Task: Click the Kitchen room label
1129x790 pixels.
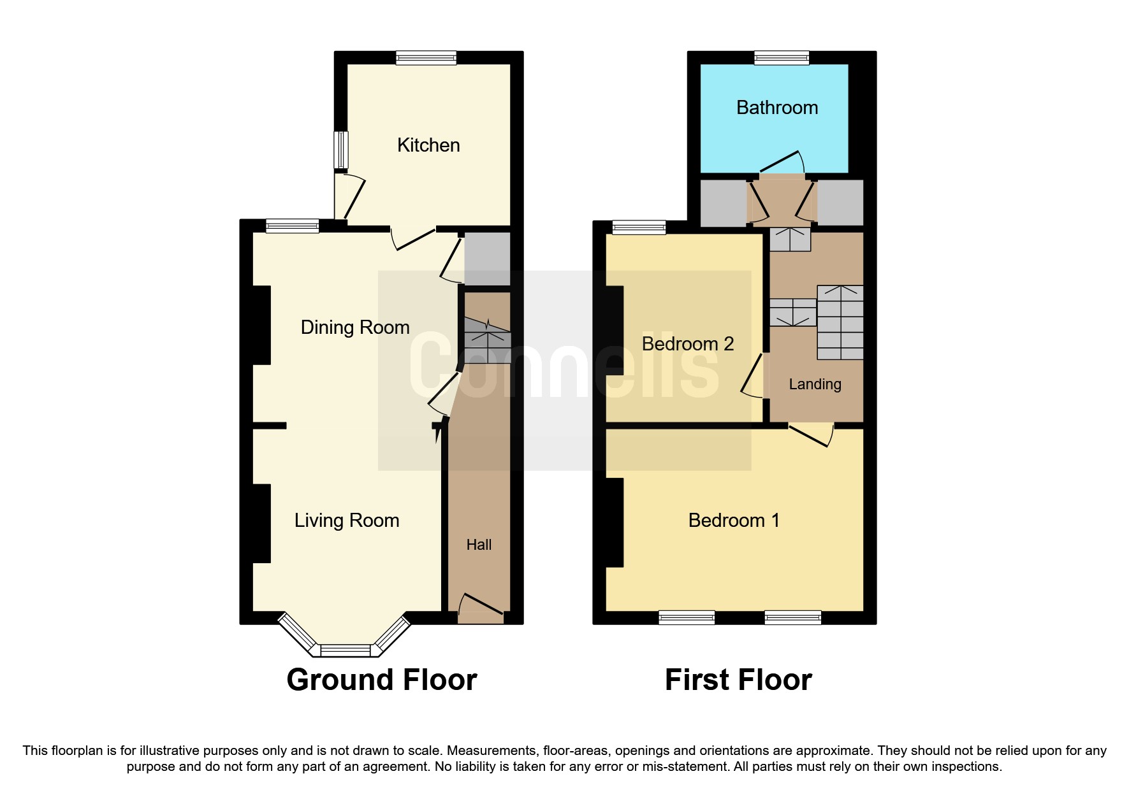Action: [x=428, y=145]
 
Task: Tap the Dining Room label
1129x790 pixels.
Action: [x=355, y=327]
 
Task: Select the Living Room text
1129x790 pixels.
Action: [x=347, y=521]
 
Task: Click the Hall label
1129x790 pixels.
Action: [x=479, y=545]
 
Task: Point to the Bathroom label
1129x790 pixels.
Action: [x=777, y=108]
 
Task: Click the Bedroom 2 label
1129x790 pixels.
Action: [x=688, y=344]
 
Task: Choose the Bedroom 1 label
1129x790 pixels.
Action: [x=734, y=521]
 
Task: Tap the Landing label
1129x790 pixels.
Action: [x=815, y=384]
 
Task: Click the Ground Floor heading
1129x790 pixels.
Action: [x=382, y=680]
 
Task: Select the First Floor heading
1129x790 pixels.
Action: [x=738, y=680]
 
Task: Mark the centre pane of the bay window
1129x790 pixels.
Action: [x=345, y=650]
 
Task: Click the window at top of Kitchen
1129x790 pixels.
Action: [x=426, y=58]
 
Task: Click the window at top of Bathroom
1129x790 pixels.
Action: [x=782, y=58]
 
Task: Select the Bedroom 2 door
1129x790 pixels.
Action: [x=753, y=376]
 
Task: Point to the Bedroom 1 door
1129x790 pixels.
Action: [x=810, y=434]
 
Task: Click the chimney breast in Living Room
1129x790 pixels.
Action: [x=261, y=523]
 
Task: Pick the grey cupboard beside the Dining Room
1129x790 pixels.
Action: [x=487, y=259]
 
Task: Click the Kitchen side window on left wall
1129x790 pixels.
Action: [x=342, y=150]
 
